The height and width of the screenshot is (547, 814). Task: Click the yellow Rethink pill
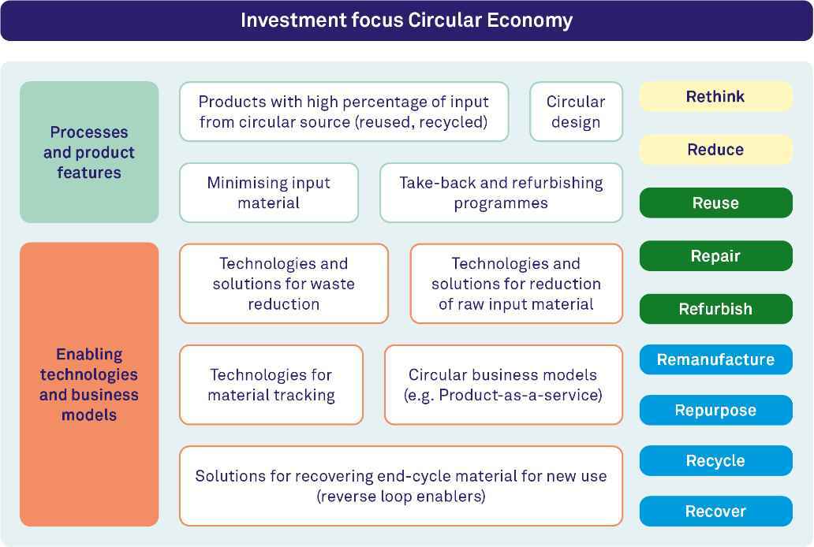coord(716,96)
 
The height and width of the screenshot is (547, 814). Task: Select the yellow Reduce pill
coord(716,150)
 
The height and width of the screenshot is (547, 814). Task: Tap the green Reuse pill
coord(716,203)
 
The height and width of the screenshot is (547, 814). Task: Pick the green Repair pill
coord(716,256)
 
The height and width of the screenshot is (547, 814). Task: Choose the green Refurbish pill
coord(716,309)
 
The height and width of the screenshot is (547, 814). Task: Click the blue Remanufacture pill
coord(716,359)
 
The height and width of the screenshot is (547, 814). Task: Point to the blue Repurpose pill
coord(716,410)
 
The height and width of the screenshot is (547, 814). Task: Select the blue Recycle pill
coord(716,460)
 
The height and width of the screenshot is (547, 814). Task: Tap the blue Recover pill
coord(716,512)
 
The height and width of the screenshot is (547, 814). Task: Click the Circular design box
coord(577,112)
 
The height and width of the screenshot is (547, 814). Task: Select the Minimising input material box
coord(269,192)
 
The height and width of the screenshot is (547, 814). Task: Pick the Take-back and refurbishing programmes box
coord(501,192)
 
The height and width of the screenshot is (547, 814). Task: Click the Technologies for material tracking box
coord(271,385)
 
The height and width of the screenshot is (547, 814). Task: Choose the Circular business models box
coord(503,385)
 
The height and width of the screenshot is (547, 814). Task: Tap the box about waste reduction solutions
coord(283,284)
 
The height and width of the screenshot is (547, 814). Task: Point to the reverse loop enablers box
coord(401,486)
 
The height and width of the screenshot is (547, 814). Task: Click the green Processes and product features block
coord(89,152)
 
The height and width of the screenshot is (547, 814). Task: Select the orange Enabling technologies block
coord(89,385)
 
